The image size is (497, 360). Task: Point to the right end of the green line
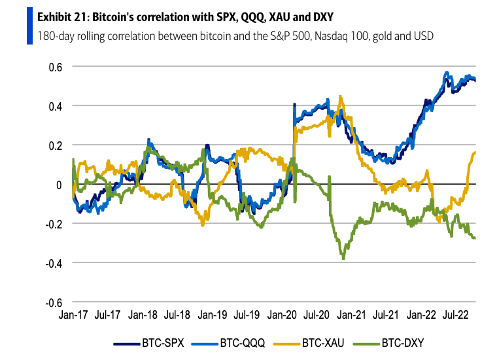475,238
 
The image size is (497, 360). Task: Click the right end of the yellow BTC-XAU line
475,152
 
